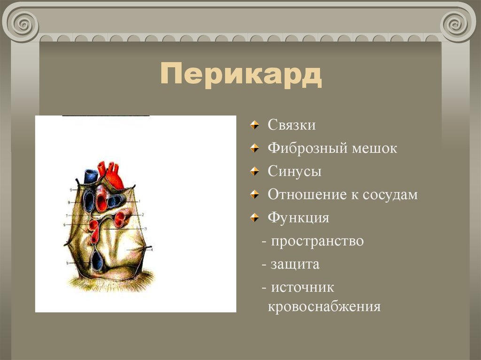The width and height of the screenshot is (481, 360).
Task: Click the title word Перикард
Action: [x=241, y=75]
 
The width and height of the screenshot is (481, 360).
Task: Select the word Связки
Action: [x=292, y=125]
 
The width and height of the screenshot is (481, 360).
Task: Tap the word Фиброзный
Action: [x=307, y=149]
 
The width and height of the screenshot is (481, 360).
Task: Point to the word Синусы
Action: [x=295, y=172]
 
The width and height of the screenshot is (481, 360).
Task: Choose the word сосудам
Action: [x=390, y=195]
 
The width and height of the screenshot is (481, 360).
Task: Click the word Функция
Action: [x=298, y=218]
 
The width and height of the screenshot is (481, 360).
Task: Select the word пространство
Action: [x=317, y=241]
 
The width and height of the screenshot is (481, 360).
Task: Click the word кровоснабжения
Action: [x=324, y=307]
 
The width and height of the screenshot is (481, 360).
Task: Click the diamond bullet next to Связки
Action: [x=254, y=125]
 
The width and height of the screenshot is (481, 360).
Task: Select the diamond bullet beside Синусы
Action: [x=254, y=172]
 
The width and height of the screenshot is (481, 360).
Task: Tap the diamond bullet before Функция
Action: [x=254, y=218]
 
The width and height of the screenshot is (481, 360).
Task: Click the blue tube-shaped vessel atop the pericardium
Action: [x=90, y=176]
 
